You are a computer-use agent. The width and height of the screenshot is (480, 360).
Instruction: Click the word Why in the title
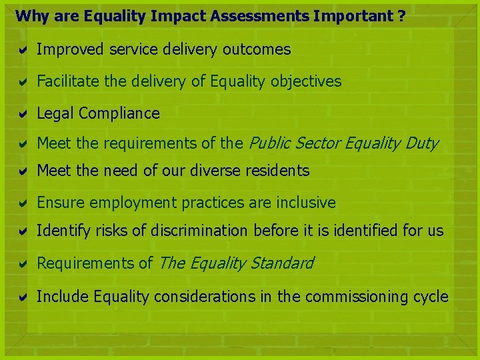point(29,16)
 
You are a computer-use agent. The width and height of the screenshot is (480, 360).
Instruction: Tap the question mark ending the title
point(401,16)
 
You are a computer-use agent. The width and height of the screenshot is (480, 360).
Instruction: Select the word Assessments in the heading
point(251,16)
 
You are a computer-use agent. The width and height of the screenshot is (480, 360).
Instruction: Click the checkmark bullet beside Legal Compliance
point(21,114)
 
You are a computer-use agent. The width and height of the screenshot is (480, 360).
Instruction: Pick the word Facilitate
point(63,82)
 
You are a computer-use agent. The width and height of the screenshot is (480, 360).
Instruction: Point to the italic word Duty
point(423,142)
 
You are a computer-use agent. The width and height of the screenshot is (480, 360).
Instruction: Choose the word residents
point(277,171)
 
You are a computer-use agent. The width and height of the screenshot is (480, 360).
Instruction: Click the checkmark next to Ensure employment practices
point(21,203)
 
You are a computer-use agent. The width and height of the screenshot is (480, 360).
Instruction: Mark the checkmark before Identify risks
point(21,232)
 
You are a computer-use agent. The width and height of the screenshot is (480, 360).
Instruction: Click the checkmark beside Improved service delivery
point(21,50)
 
